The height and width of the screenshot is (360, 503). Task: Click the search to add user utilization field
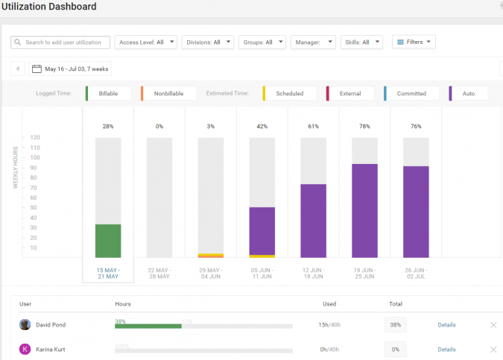point(61,42)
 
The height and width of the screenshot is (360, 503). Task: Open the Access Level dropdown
point(147,42)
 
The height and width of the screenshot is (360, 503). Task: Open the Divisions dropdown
point(207,42)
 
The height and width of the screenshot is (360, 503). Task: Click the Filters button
point(414,42)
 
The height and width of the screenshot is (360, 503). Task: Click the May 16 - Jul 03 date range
point(71,69)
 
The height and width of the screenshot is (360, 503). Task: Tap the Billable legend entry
point(109,93)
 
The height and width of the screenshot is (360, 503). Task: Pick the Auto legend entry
point(469,93)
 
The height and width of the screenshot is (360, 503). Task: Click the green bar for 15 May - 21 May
point(108,241)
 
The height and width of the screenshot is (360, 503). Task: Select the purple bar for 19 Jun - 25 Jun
point(364,211)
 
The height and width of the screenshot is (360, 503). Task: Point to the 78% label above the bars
point(364,127)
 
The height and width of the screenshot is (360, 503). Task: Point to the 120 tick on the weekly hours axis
point(34,138)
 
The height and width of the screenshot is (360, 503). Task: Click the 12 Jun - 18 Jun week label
point(313,273)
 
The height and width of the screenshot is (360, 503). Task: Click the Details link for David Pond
point(446,325)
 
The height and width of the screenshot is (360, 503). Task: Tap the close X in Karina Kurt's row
point(493,350)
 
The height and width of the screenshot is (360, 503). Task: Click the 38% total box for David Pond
point(395,325)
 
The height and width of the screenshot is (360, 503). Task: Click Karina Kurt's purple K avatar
point(25,350)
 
